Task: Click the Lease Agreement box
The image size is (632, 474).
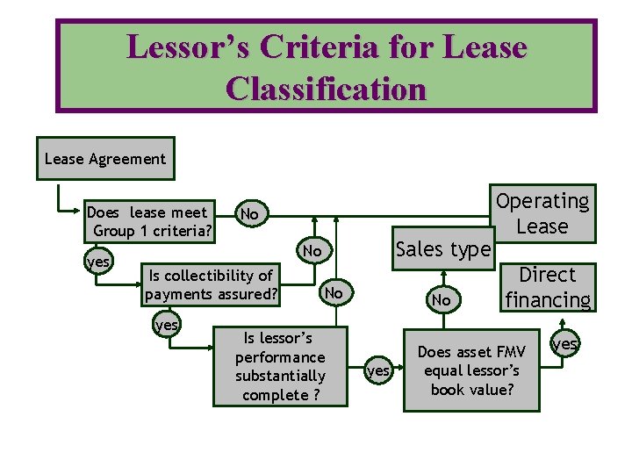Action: pyautogui.click(x=105, y=159)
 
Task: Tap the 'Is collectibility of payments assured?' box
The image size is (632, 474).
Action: pyautogui.click(x=211, y=285)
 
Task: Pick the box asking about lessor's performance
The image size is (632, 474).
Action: pyautogui.click(x=280, y=366)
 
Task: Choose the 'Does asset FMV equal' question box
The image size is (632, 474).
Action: pyautogui.click(x=471, y=370)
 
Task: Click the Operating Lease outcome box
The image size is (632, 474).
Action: pyautogui.click(x=542, y=213)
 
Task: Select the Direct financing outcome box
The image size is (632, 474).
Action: pyautogui.click(x=548, y=287)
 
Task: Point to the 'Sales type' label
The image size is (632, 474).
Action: pyautogui.click(x=443, y=249)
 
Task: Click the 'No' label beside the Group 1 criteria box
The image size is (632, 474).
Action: pyautogui.click(x=249, y=214)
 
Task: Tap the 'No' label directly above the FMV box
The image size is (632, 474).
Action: pyautogui.click(x=442, y=300)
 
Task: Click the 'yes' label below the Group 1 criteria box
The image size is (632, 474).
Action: pyautogui.click(x=97, y=262)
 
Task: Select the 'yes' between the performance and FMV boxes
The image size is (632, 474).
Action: pyautogui.click(x=378, y=371)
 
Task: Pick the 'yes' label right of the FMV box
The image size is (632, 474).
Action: pyautogui.click(x=565, y=344)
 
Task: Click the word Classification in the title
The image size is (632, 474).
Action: pyautogui.click(x=326, y=89)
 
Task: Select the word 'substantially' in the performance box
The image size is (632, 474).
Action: pyautogui.click(x=280, y=376)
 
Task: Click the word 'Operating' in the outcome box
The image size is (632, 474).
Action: pyautogui.click(x=542, y=201)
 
